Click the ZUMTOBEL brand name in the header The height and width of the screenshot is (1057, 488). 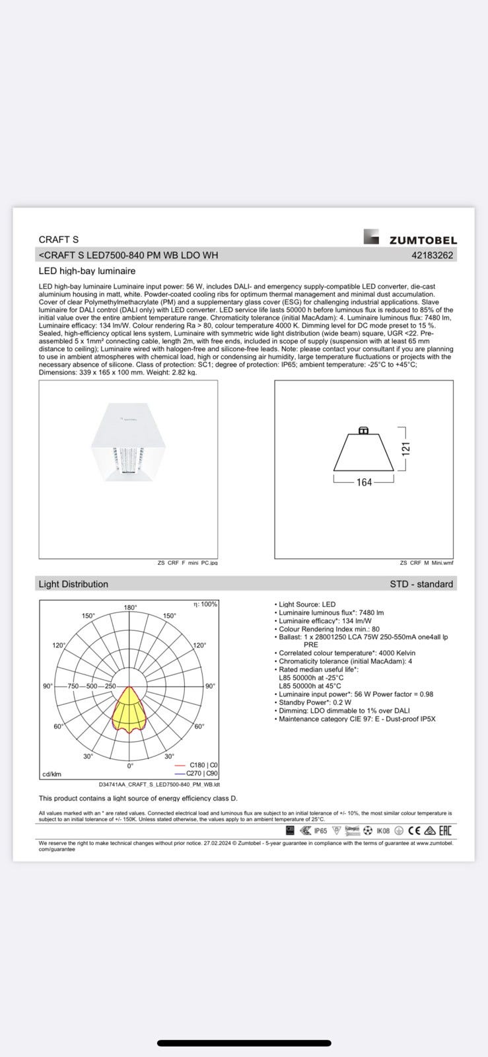423,240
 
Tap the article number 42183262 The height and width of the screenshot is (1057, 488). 432,255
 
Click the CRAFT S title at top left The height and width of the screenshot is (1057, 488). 59,240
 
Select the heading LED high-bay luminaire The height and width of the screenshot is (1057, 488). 87,271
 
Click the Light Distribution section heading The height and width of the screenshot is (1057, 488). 73,584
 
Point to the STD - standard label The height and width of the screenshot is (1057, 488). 421,584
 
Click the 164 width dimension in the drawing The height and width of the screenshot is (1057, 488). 364,482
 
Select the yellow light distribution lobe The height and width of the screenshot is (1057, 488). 129,708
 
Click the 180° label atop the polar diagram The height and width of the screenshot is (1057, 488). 130,607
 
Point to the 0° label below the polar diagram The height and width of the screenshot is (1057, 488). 130,765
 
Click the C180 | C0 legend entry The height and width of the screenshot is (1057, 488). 203,765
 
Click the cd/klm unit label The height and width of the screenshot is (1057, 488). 52,774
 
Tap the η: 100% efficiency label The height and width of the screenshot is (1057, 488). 205,604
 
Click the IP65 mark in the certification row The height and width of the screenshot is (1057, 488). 320,830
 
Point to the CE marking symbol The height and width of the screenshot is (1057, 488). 414,830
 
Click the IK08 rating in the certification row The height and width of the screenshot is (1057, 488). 383,830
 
